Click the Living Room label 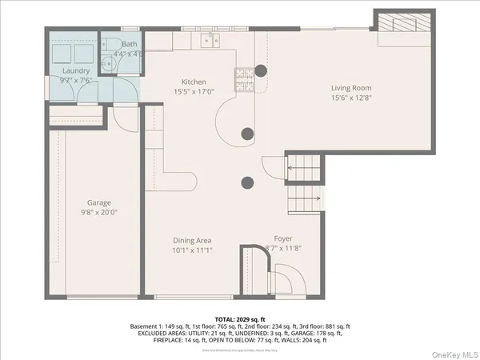[351, 88]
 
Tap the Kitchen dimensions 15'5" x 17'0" [194, 92]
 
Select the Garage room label [99, 202]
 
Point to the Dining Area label [193, 239]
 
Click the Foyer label [283, 238]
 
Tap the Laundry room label [76, 70]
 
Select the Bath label [130, 45]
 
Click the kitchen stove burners [242, 77]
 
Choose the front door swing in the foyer [283, 280]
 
